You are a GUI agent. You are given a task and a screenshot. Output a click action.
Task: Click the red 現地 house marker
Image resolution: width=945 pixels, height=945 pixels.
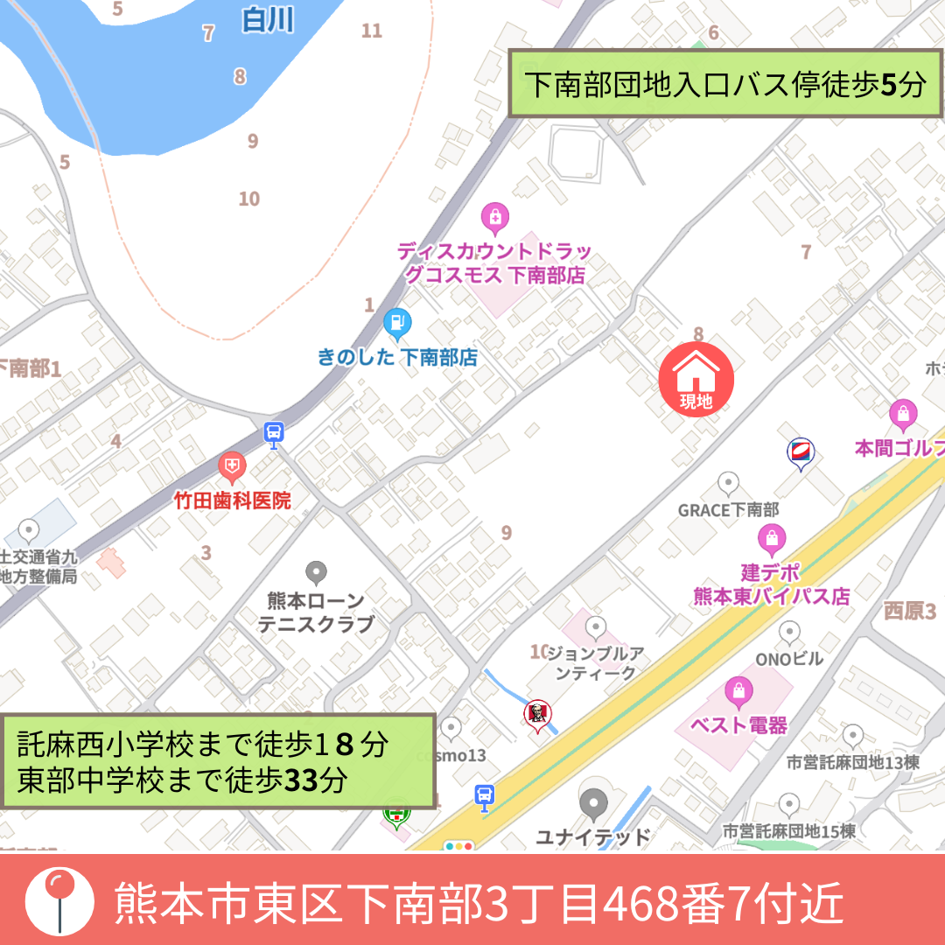696,379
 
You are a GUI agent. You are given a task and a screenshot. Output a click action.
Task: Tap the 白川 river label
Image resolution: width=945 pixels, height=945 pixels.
268,19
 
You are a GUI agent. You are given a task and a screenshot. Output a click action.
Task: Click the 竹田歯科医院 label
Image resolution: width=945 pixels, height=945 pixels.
231,501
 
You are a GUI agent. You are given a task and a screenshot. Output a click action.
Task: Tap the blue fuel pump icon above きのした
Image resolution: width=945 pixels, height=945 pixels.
397,324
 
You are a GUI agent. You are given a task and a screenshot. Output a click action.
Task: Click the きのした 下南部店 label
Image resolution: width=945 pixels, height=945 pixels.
397,357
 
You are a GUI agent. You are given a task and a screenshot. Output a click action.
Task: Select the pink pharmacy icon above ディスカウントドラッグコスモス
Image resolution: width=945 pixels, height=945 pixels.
495,216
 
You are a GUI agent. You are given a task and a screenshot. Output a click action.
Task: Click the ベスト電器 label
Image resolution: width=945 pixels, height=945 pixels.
738,724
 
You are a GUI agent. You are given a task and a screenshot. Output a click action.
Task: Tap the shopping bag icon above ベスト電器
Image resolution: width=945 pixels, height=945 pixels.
739,691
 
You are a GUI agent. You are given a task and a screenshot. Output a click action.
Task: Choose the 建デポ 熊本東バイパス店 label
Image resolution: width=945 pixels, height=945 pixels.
771,584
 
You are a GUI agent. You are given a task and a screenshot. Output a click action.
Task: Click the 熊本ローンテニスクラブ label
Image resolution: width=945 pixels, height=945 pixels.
316,612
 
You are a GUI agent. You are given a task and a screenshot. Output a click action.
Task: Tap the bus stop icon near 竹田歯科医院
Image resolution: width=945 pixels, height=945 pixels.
274,431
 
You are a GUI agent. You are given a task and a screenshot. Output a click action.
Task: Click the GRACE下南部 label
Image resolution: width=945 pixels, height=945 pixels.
728,509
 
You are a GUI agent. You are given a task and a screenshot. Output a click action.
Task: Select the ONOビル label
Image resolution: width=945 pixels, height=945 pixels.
789,659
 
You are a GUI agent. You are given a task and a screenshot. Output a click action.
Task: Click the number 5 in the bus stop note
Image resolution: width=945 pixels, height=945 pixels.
888,85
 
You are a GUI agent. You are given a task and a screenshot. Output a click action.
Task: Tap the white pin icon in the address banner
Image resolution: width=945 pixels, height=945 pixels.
59,899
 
